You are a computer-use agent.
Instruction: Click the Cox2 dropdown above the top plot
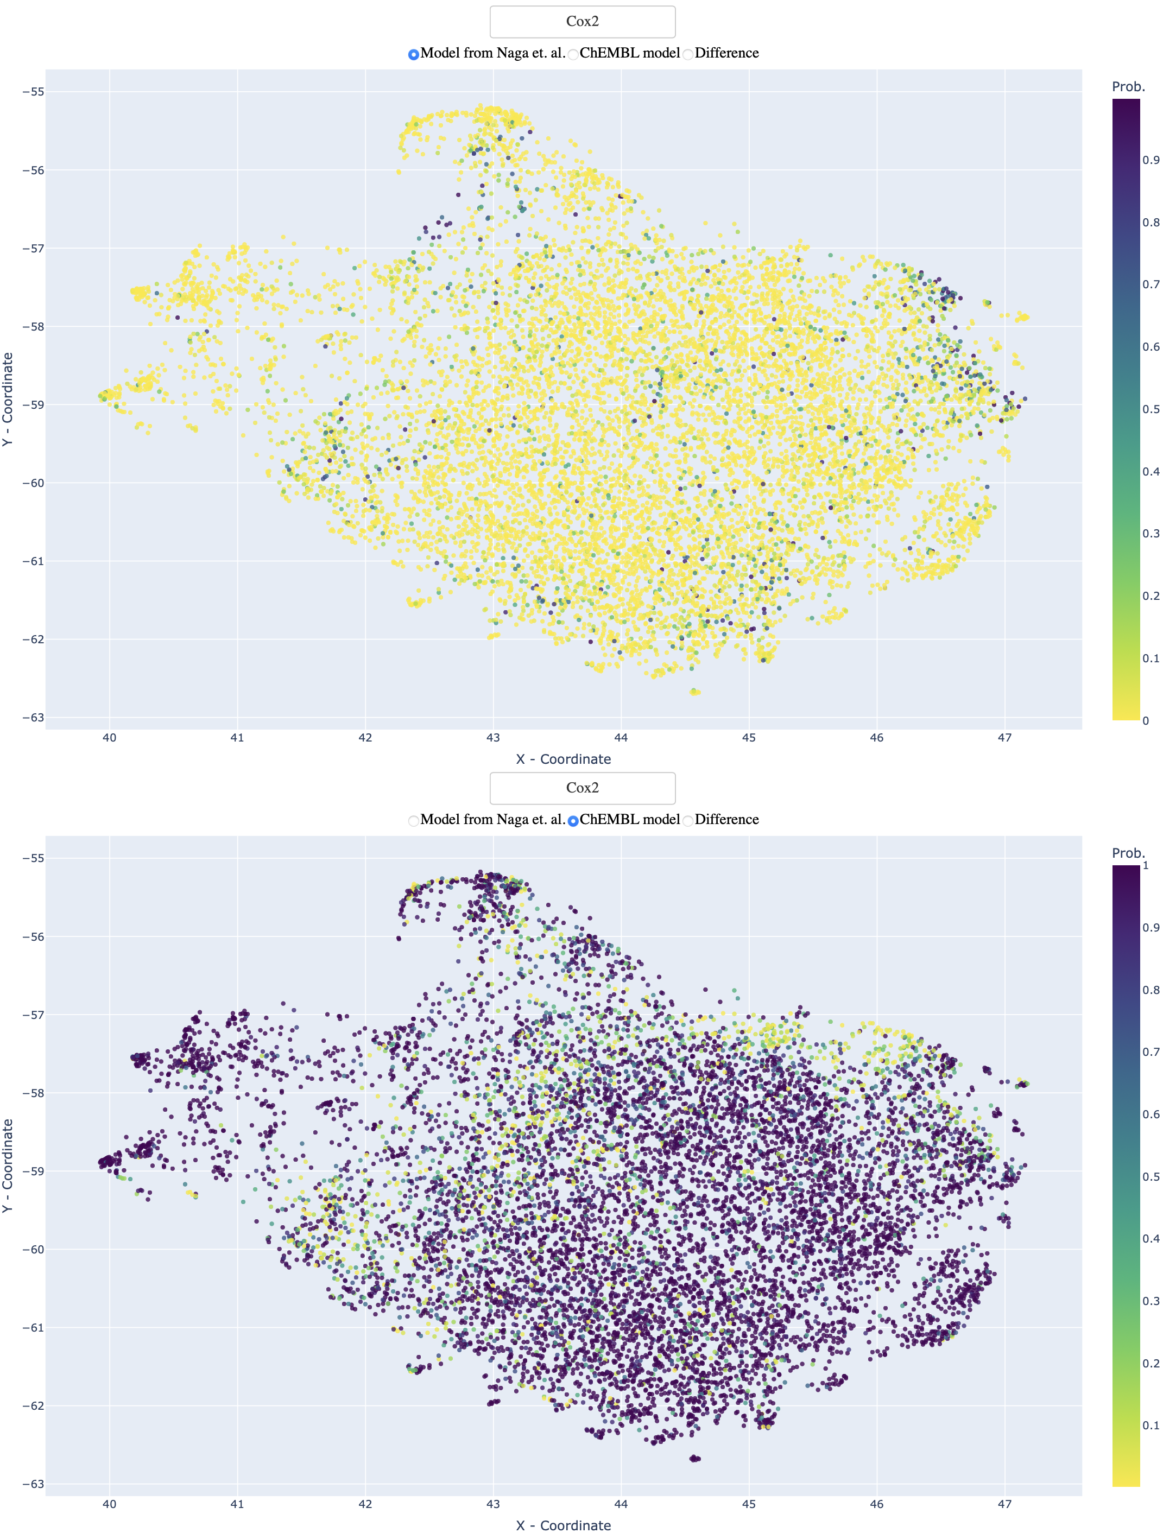tap(582, 22)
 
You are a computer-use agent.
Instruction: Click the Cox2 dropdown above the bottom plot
tap(582, 788)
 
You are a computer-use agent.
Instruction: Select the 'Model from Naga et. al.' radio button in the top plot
tap(414, 54)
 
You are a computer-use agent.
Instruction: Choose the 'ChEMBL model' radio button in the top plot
tap(573, 54)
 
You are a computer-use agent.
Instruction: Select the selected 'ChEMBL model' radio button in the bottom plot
tap(573, 821)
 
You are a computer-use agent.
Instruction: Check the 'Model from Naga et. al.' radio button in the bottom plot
tap(414, 821)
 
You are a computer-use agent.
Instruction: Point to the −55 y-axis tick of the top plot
tap(33, 92)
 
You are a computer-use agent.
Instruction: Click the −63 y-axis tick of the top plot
tap(33, 717)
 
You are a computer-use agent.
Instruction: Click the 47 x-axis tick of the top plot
tap(1004, 737)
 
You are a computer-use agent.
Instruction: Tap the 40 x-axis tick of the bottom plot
tap(110, 1504)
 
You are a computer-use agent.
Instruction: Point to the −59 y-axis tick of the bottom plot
tap(33, 1171)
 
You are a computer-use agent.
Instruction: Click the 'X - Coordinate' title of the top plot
tap(563, 759)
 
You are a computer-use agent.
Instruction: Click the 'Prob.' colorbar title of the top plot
tap(1128, 87)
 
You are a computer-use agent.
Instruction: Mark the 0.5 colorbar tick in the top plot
tap(1151, 409)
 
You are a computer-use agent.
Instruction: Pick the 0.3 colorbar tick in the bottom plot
tap(1151, 1301)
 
